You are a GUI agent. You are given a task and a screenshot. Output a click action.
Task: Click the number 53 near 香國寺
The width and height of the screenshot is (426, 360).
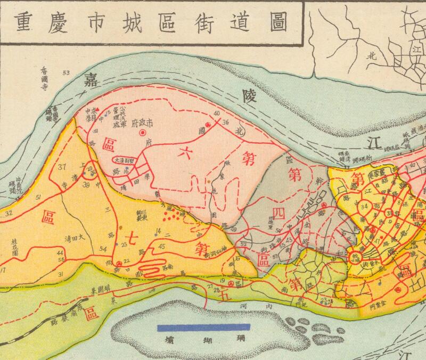click(66, 72)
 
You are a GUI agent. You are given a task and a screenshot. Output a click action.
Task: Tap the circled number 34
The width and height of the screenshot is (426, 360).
click(364, 206)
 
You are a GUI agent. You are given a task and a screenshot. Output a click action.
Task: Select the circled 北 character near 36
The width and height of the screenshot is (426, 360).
click(240, 131)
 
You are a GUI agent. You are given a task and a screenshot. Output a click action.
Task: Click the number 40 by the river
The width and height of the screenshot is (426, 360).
click(216, 114)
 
